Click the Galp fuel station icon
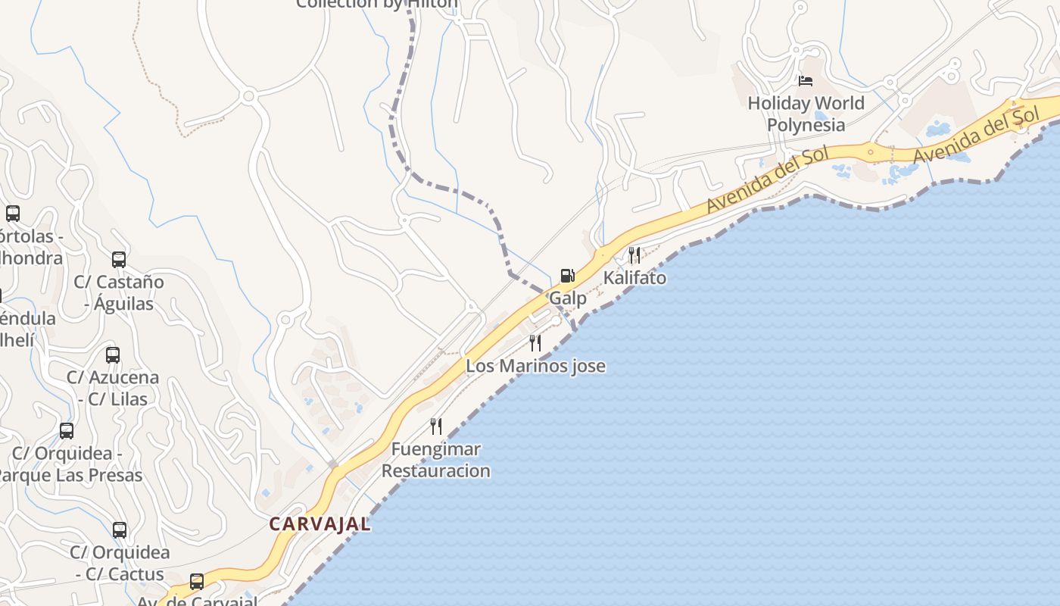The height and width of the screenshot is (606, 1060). [567, 276]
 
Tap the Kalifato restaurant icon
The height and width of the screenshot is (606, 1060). [634, 255]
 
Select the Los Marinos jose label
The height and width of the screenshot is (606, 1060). [535, 366]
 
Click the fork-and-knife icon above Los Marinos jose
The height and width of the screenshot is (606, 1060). [535, 343]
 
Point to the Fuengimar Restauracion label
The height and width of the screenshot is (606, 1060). [435, 460]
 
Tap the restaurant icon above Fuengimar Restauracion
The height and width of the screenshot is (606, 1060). [435, 426]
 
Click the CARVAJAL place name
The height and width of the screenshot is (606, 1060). [320, 524]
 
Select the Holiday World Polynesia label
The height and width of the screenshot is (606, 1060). [806, 114]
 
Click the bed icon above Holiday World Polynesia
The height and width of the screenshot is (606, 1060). [806, 80]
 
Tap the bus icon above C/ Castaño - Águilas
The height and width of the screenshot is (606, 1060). [119, 260]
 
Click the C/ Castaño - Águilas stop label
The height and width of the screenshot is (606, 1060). [119, 292]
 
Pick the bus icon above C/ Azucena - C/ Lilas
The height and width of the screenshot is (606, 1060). [113, 355]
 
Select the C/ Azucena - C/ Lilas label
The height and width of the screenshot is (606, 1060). [113, 388]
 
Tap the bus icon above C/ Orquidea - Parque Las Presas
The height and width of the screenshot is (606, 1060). [67, 431]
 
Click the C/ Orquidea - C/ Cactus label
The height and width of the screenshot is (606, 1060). [120, 563]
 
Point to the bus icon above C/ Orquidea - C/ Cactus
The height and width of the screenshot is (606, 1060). [120, 530]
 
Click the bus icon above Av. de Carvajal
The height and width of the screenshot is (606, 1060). [197, 582]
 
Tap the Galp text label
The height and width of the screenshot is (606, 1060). [568, 298]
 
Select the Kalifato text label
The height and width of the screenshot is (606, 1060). [634, 278]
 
